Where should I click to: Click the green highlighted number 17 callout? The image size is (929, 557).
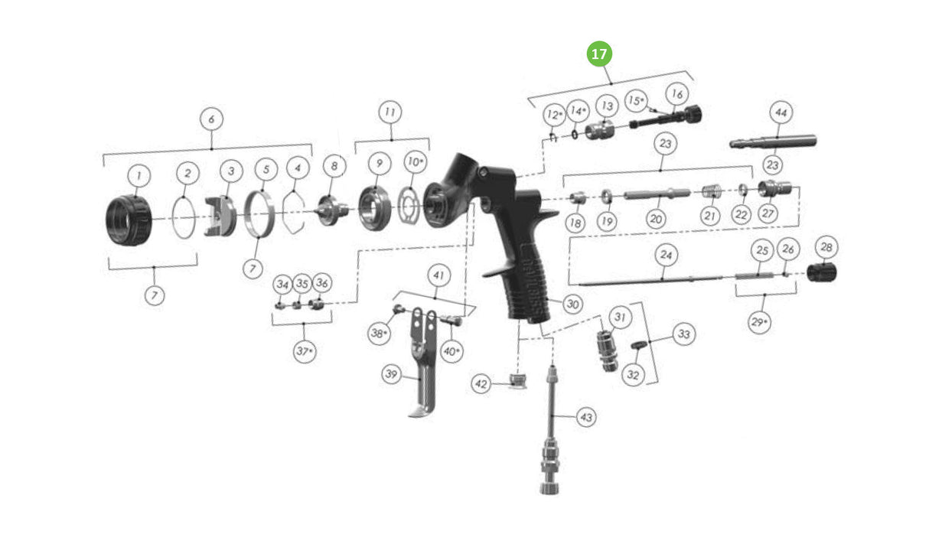600,54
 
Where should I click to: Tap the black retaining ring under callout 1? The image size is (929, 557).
128,220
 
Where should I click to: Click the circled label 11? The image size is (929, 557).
390,112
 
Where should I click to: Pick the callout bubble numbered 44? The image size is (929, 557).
781,112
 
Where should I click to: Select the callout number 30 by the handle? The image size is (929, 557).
572,304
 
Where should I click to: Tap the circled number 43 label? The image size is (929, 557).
586,418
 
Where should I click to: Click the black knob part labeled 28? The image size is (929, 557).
823,272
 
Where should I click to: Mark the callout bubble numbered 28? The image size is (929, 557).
826,247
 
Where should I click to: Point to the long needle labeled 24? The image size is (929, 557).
650,281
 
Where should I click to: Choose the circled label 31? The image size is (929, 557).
619,317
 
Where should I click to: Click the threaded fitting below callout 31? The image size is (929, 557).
608,350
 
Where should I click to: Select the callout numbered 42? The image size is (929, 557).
481,385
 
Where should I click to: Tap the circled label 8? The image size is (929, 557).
334,164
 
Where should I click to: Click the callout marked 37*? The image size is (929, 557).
305,352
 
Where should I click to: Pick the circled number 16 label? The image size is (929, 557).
676,94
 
